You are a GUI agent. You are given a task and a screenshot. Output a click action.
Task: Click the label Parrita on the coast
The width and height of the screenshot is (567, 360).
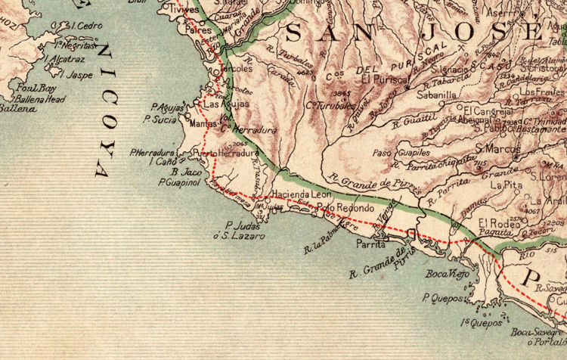[371, 245]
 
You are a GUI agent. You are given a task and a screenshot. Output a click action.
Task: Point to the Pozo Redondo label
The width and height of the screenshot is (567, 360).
[345, 208]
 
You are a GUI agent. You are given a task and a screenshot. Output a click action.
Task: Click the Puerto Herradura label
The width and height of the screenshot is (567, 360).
[227, 154]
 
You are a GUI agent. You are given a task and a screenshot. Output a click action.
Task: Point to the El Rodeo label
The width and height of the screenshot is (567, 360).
[495, 223]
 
